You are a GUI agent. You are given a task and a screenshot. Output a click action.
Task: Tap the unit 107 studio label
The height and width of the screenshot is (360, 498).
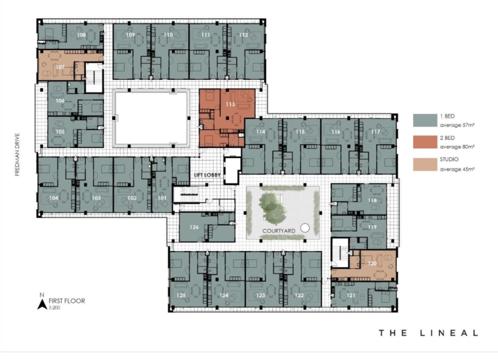60,67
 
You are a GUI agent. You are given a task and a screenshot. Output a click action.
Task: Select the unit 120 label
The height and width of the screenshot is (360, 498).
372,264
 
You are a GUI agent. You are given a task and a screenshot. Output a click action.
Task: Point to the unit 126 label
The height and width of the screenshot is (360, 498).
194,227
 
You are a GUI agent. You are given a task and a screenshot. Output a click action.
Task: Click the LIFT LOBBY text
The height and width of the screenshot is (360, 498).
207,175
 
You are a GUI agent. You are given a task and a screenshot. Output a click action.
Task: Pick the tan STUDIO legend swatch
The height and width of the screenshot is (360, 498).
424,164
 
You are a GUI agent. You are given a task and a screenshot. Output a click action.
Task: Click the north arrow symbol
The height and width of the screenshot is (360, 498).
41,304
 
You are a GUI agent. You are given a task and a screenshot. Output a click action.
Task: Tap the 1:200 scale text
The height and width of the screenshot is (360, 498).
55,307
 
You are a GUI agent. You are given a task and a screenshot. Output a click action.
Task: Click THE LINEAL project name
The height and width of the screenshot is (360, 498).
428,333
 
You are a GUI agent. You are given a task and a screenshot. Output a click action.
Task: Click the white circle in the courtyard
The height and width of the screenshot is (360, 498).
304,227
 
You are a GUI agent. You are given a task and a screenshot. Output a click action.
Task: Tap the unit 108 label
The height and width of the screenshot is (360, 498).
81,35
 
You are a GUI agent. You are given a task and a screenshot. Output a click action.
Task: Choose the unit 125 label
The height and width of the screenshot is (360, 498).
181,296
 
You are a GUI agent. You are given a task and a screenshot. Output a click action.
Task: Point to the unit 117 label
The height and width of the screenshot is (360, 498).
376,132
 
